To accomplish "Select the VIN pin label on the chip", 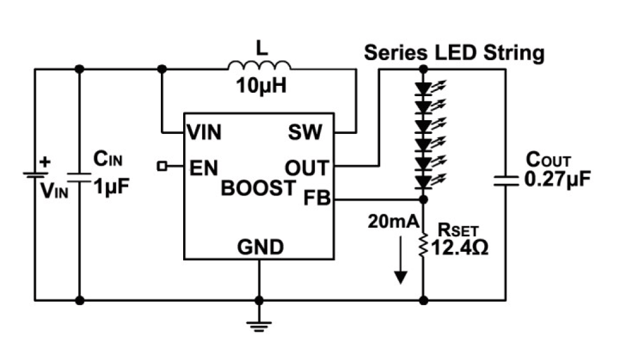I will [x=204, y=133].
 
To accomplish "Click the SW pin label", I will [x=305, y=133].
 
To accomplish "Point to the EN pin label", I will [x=203, y=168].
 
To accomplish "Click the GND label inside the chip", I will [x=260, y=247].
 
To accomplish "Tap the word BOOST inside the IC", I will [x=259, y=187].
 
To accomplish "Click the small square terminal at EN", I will [x=162, y=166].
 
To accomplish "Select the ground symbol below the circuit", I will [x=259, y=325].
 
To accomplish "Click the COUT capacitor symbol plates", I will [x=506, y=181].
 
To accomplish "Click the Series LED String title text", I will [x=454, y=53].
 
